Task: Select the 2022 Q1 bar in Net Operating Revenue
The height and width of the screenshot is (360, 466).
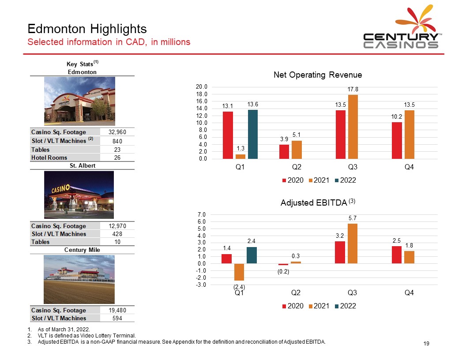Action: point(252,134)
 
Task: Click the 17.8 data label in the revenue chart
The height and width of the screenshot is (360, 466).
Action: point(353,90)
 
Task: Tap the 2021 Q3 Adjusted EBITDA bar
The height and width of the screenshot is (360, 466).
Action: point(353,244)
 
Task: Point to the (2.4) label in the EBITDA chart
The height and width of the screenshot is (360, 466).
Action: point(239,287)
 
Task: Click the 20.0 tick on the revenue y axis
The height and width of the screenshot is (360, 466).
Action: point(201,87)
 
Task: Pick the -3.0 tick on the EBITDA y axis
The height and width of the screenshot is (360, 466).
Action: point(201,285)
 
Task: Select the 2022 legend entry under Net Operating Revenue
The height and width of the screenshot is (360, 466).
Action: point(346,180)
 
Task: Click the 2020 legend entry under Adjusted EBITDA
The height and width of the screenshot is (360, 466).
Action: point(293,306)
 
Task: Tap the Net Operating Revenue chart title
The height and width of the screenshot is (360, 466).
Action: point(318,75)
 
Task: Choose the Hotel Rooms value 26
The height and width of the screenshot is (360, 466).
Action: point(117,158)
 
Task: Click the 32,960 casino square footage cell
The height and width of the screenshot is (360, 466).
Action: point(117,132)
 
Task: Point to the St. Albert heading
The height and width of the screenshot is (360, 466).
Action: point(83,166)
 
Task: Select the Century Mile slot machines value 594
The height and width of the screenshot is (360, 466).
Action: point(117,319)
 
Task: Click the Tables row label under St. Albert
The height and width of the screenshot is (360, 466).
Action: point(41,242)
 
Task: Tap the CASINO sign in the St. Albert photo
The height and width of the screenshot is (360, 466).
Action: point(60,189)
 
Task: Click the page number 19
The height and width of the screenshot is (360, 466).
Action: point(426,344)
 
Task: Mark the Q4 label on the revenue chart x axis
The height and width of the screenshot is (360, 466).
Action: point(409,167)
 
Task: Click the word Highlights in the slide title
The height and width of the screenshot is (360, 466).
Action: point(118,29)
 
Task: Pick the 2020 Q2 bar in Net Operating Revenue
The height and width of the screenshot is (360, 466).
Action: point(284,152)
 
